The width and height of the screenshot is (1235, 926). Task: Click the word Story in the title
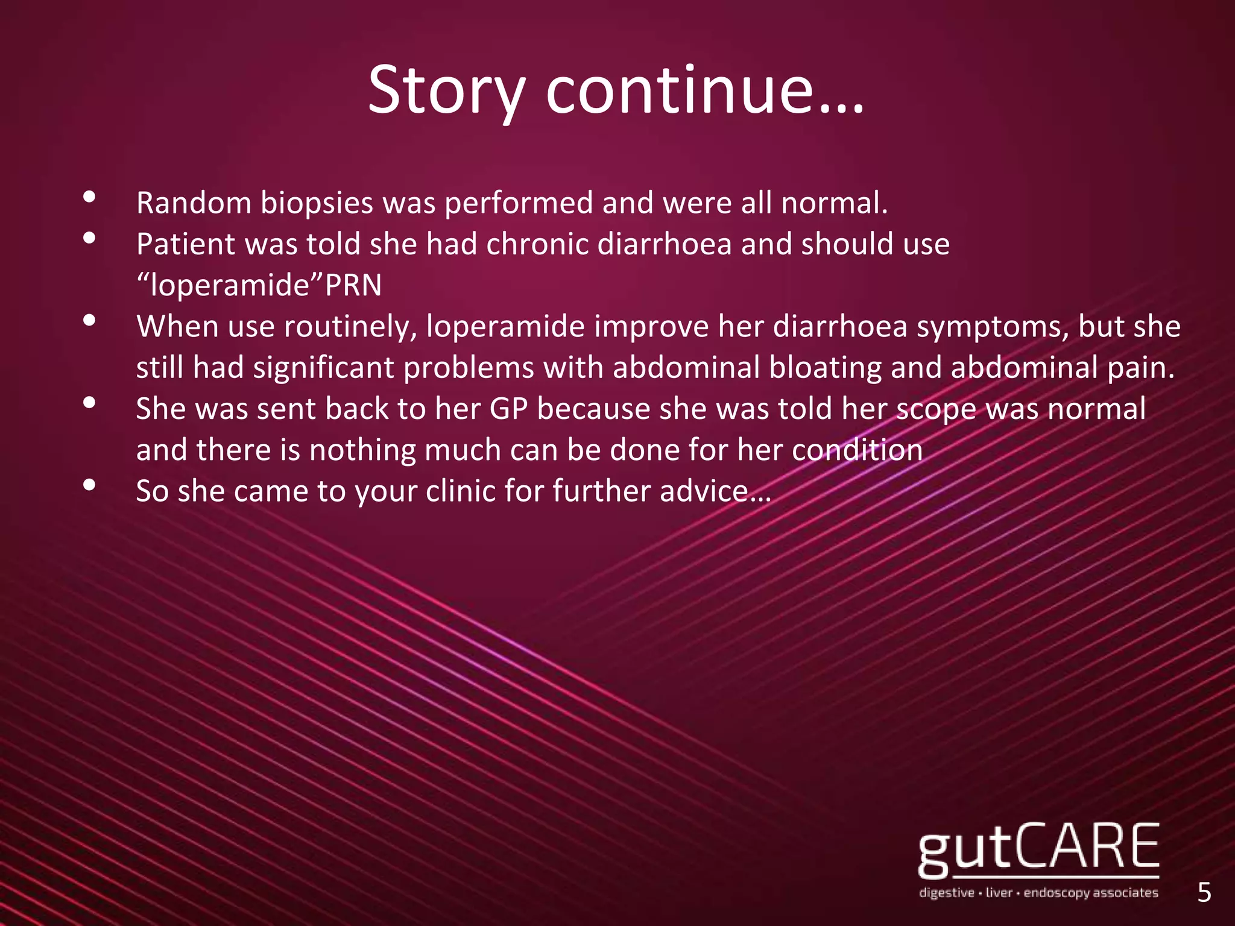click(446, 90)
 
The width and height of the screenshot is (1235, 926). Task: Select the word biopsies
click(317, 204)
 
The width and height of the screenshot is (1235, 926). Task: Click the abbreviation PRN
click(353, 285)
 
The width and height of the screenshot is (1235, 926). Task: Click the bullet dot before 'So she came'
click(90, 484)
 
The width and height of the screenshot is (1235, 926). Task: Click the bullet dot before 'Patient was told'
click(90, 238)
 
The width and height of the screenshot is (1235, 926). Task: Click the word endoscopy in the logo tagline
click(1055, 893)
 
